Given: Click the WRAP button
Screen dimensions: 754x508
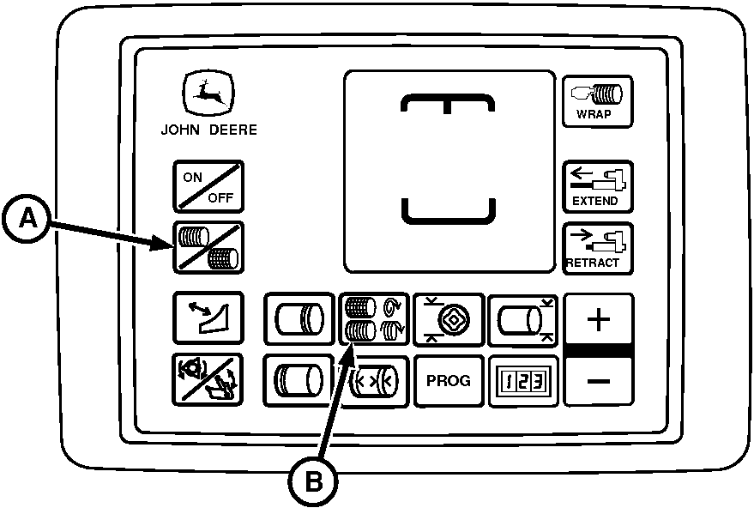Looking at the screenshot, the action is (x=597, y=101).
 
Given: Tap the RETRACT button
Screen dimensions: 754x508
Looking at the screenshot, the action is (x=597, y=249).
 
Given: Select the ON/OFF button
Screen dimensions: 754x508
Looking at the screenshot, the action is (x=208, y=187).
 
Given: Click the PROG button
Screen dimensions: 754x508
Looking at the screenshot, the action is (x=449, y=381).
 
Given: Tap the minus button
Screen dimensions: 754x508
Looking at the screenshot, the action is (x=599, y=382).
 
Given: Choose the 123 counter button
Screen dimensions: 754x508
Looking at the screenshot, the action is (x=523, y=381).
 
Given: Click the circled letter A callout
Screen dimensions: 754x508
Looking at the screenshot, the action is (x=27, y=220).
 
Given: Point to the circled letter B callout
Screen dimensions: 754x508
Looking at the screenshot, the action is (x=313, y=481).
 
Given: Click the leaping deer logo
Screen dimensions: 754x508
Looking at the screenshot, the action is (x=208, y=93).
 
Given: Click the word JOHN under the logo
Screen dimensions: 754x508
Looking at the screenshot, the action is (x=180, y=130).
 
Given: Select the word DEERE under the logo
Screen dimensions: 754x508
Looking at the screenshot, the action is (x=233, y=130).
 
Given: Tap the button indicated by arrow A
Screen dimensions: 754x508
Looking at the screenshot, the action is (x=208, y=248).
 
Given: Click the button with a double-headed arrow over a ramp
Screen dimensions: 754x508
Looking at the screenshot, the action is (x=208, y=318).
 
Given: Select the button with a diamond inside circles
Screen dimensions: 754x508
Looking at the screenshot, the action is (x=449, y=319).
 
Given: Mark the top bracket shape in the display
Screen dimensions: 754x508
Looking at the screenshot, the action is (x=448, y=104).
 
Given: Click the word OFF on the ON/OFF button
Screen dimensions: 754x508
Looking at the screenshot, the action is (x=220, y=197).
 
